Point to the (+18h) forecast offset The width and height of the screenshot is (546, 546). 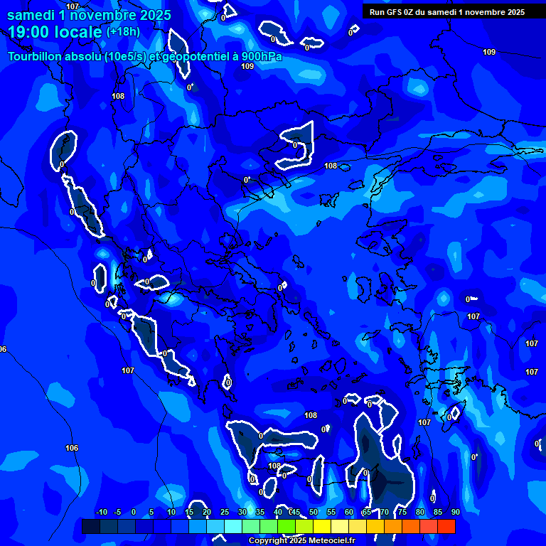(x=124, y=32)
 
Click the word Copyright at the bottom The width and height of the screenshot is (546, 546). (x=267, y=541)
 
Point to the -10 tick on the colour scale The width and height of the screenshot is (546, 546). (x=101, y=512)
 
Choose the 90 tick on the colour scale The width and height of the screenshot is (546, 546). (x=455, y=512)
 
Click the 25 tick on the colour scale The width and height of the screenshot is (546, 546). (x=225, y=512)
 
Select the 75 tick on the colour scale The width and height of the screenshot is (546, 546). (x=402, y=512)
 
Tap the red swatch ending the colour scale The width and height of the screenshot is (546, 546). (x=446, y=526)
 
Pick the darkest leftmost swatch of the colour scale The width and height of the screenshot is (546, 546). (x=91, y=526)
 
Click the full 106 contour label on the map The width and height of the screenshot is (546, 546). (x=72, y=448)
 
